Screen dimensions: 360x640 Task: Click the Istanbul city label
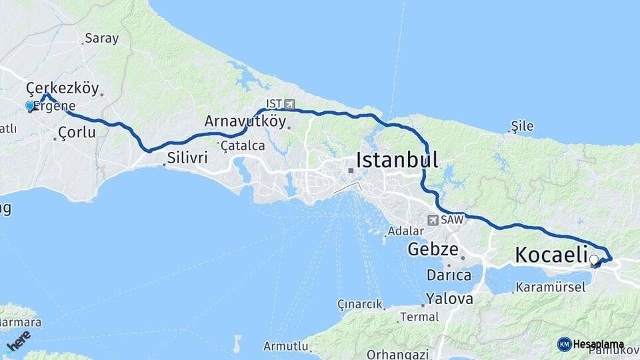tap(397, 160)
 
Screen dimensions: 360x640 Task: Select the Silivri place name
tap(188, 158)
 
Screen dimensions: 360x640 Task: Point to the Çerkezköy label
tap(62, 87)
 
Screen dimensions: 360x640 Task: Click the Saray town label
tap(101, 38)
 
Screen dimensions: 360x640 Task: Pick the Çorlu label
tap(77, 133)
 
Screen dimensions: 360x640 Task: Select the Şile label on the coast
tap(522, 125)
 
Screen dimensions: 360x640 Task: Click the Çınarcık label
tap(360, 304)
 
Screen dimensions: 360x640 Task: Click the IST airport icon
tap(289, 104)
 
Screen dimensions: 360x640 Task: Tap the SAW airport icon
tap(433, 219)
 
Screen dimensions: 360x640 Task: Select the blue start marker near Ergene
tap(29, 105)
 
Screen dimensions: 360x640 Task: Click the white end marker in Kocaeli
tap(593, 259)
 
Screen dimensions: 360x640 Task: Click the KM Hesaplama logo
tap(591, 344)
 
